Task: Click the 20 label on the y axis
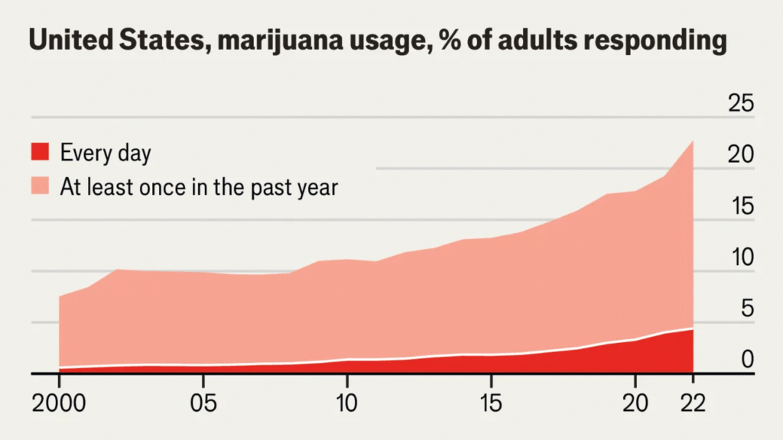(x=739, y=154)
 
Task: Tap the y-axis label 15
(x=739, y=206)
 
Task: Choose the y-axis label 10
(x=739, y=257)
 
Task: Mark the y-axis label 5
(x=746, y=309)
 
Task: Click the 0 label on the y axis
(x=746, y=360)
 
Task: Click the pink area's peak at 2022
(x=691, y=143)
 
